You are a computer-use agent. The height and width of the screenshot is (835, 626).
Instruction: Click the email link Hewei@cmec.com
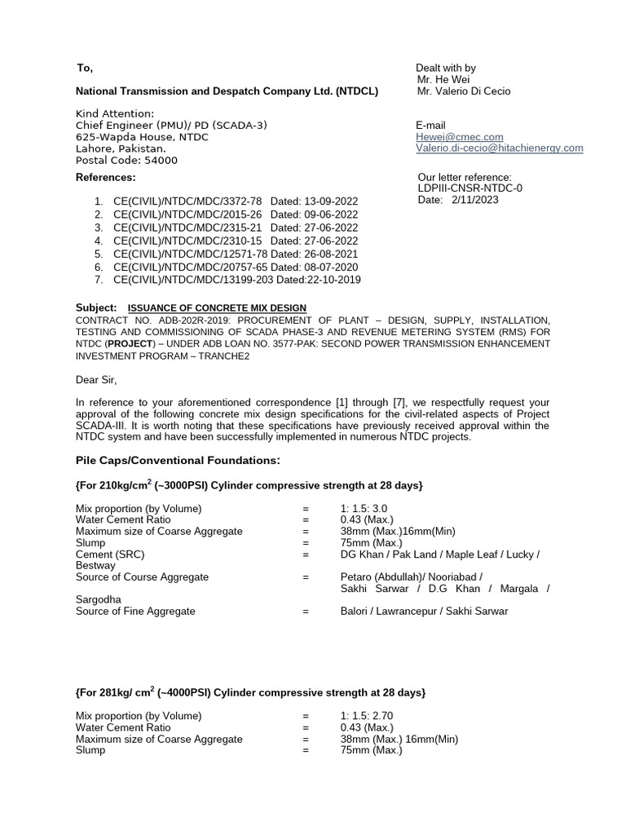(x=459, y=137)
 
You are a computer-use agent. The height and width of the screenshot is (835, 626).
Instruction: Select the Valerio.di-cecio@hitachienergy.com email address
(x=499, y=148)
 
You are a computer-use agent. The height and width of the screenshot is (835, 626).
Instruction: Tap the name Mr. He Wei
(x=446, y=80)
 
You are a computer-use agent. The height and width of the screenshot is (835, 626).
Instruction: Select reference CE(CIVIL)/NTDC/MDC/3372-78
(x=187, y=201)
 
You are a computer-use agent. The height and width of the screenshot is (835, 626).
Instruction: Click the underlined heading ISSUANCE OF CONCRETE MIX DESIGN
(x=217, y=307)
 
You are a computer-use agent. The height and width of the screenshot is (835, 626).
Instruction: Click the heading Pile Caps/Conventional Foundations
(x=177, y=461)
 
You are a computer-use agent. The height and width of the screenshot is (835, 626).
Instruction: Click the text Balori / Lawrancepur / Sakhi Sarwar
(x=424, y=611)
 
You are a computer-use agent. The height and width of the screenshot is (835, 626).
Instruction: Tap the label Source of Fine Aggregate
(x=135, y=611)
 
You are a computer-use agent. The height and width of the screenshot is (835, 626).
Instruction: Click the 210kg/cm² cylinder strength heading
(x=249, y=485)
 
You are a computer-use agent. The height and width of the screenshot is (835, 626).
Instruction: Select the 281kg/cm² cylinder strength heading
(x=250, y=692)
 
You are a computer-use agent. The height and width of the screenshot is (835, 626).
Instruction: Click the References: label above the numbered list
(x=106, y=177)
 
